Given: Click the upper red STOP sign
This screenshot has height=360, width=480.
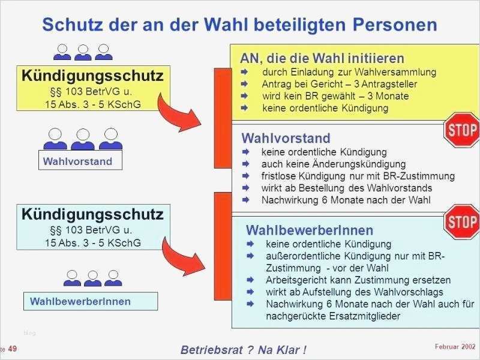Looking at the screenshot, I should pos(461,130).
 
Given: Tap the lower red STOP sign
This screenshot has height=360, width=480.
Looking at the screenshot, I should pos(462,223).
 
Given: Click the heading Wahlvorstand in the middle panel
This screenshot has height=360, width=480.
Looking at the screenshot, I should pos(286,138).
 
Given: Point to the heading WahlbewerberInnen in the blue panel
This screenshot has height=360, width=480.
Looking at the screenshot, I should pos(310,230).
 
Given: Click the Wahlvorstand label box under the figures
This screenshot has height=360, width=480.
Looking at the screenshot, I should pos(78,161).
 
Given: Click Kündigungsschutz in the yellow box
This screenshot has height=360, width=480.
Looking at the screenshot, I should pos(92,76).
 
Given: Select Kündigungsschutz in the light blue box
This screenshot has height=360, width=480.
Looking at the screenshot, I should pos(92,214).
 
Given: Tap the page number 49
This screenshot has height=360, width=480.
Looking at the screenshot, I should pos(12,349).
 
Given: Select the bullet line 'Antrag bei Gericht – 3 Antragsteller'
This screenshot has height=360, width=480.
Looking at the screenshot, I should pos(339,84).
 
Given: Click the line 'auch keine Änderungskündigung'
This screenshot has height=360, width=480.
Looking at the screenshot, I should pos(333,164).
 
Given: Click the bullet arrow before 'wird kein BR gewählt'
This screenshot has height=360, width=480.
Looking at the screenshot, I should pos(245,96).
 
